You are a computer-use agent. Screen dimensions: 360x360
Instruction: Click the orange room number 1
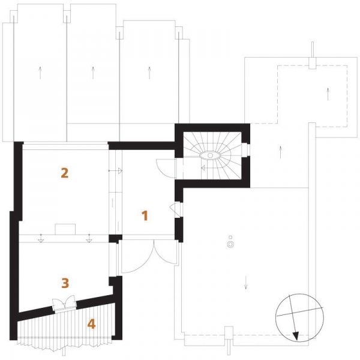(145, 215)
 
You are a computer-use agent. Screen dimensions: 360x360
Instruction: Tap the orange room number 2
(65, 173)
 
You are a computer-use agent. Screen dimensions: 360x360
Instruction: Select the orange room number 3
(65, 283)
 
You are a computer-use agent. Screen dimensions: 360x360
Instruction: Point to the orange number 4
(91, 324)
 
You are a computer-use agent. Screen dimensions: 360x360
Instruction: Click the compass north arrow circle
(299, 318)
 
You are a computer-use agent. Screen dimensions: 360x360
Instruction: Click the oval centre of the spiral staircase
(210, 155)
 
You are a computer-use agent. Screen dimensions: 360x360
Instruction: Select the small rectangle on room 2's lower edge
(65, 229)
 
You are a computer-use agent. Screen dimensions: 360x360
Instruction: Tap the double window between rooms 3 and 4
(64, 304)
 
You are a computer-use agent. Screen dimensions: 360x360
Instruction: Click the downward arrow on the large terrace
(246, 282)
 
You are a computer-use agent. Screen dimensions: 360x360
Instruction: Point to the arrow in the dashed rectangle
(328, 94)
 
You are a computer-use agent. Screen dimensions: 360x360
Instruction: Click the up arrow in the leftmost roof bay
(40, 73)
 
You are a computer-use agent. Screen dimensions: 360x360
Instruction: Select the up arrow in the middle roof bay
(93, 73)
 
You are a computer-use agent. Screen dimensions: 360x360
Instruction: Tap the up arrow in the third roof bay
(149, 73)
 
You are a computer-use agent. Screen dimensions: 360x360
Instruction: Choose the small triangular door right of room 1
(176, 209)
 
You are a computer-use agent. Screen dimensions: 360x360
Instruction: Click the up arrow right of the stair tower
(280, 152)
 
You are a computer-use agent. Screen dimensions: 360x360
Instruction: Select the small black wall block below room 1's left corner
(115, 239)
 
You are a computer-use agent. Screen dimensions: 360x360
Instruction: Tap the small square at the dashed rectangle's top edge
(312, 62)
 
